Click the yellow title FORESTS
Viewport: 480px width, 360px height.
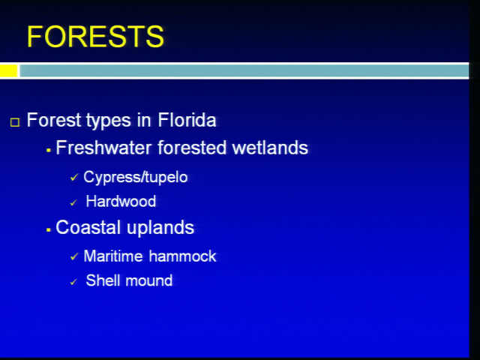pyautogui.click(x=95, y=37)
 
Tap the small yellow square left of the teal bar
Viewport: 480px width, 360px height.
pyautogui.click(x=8, y=70)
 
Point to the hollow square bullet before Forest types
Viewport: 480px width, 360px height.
pyautogui.click(x=15, y=122)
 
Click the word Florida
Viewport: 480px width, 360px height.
pyautogui.click(x=187, y=120)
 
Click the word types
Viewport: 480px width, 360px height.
pyautogui.click(x=109, y=121)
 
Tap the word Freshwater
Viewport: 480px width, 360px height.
pyautogui.click(x=103, y=148)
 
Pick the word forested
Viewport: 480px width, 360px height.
pyautogui.click(x=192, y=148)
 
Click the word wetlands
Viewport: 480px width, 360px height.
pyautogui.click(x=270, y=148)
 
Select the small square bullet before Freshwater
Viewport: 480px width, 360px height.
pyautogui.click(x=48, y=150)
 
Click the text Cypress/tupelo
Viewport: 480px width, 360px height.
pyautogui.click(x=135, y=178)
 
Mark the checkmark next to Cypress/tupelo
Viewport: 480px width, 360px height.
pyautogui.click(x=73, y=177)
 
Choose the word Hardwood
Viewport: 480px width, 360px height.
pyautogui.click(x=121, y=202)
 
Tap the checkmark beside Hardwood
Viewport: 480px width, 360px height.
pyautogui.click(x=73, y=202)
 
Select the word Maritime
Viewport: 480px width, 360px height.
pyautogui.click(x=113, y=256)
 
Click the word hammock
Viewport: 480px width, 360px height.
pyautogui.click(x=182, y=256)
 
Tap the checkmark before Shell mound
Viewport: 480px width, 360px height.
pyautogui.click(x=73, y=282)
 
